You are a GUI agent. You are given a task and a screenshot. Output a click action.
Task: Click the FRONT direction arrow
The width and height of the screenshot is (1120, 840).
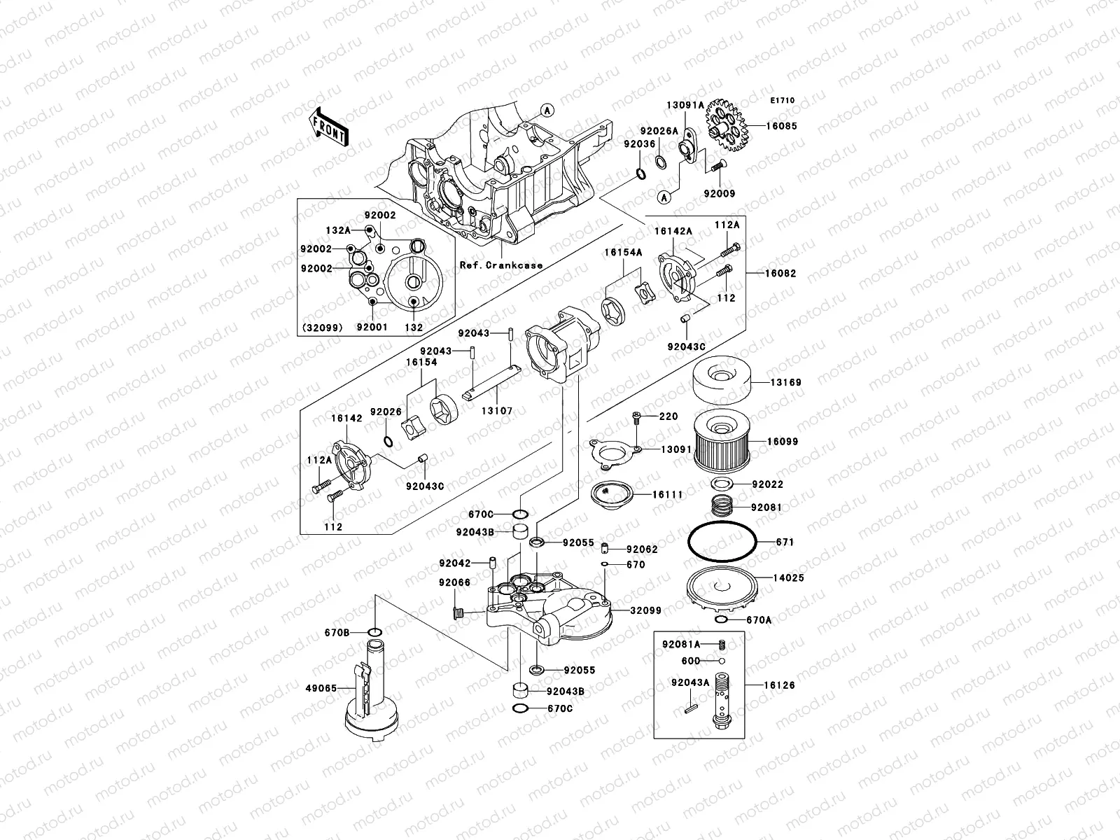(330, 126)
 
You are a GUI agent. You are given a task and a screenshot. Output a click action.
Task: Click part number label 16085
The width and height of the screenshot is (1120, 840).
(781, 127)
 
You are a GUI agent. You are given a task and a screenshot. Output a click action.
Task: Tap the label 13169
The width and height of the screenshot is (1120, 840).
(786, 383)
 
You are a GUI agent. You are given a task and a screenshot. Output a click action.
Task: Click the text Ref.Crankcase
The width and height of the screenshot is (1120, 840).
(501, 265)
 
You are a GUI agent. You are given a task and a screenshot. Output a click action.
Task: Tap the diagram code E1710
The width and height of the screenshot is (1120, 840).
(783, 101)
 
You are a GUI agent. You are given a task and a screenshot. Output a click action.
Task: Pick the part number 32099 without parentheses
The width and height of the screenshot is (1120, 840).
(645, 610)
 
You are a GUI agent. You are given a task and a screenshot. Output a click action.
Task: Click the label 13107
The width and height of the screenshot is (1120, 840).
(496, 411)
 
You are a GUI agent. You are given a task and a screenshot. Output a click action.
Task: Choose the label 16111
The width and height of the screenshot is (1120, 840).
(667, 495)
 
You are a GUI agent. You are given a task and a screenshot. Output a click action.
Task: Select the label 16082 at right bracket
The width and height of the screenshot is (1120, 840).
(780, 274)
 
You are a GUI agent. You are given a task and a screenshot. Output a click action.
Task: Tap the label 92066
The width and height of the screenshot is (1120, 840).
(455, 582)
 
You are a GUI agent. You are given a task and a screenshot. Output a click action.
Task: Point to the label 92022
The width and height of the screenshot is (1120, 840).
(767, 484)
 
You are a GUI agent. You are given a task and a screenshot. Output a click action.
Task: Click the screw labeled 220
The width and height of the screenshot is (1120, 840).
(638, 419)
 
